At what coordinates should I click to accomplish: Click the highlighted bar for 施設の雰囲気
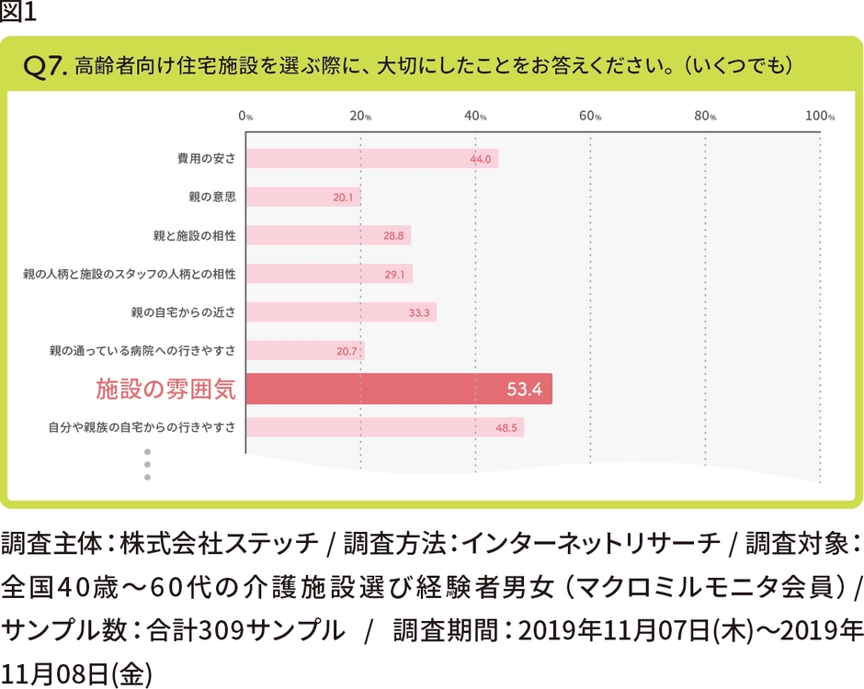398,390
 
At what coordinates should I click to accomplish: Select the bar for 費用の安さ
371,158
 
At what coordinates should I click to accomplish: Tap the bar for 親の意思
302,197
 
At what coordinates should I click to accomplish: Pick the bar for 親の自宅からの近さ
340,312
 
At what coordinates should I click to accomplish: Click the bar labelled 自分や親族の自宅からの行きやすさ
384,427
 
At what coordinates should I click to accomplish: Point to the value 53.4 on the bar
524,390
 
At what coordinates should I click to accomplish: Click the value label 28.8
394,236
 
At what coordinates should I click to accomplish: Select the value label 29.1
396,275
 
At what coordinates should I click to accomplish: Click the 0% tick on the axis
245,117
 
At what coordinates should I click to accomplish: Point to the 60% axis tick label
589,117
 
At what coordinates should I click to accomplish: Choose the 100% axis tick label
819,117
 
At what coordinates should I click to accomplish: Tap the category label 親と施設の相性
194,235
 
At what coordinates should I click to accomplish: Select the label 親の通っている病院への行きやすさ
142,351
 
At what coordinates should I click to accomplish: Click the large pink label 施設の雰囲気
165,390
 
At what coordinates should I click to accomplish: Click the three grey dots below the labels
146,464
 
